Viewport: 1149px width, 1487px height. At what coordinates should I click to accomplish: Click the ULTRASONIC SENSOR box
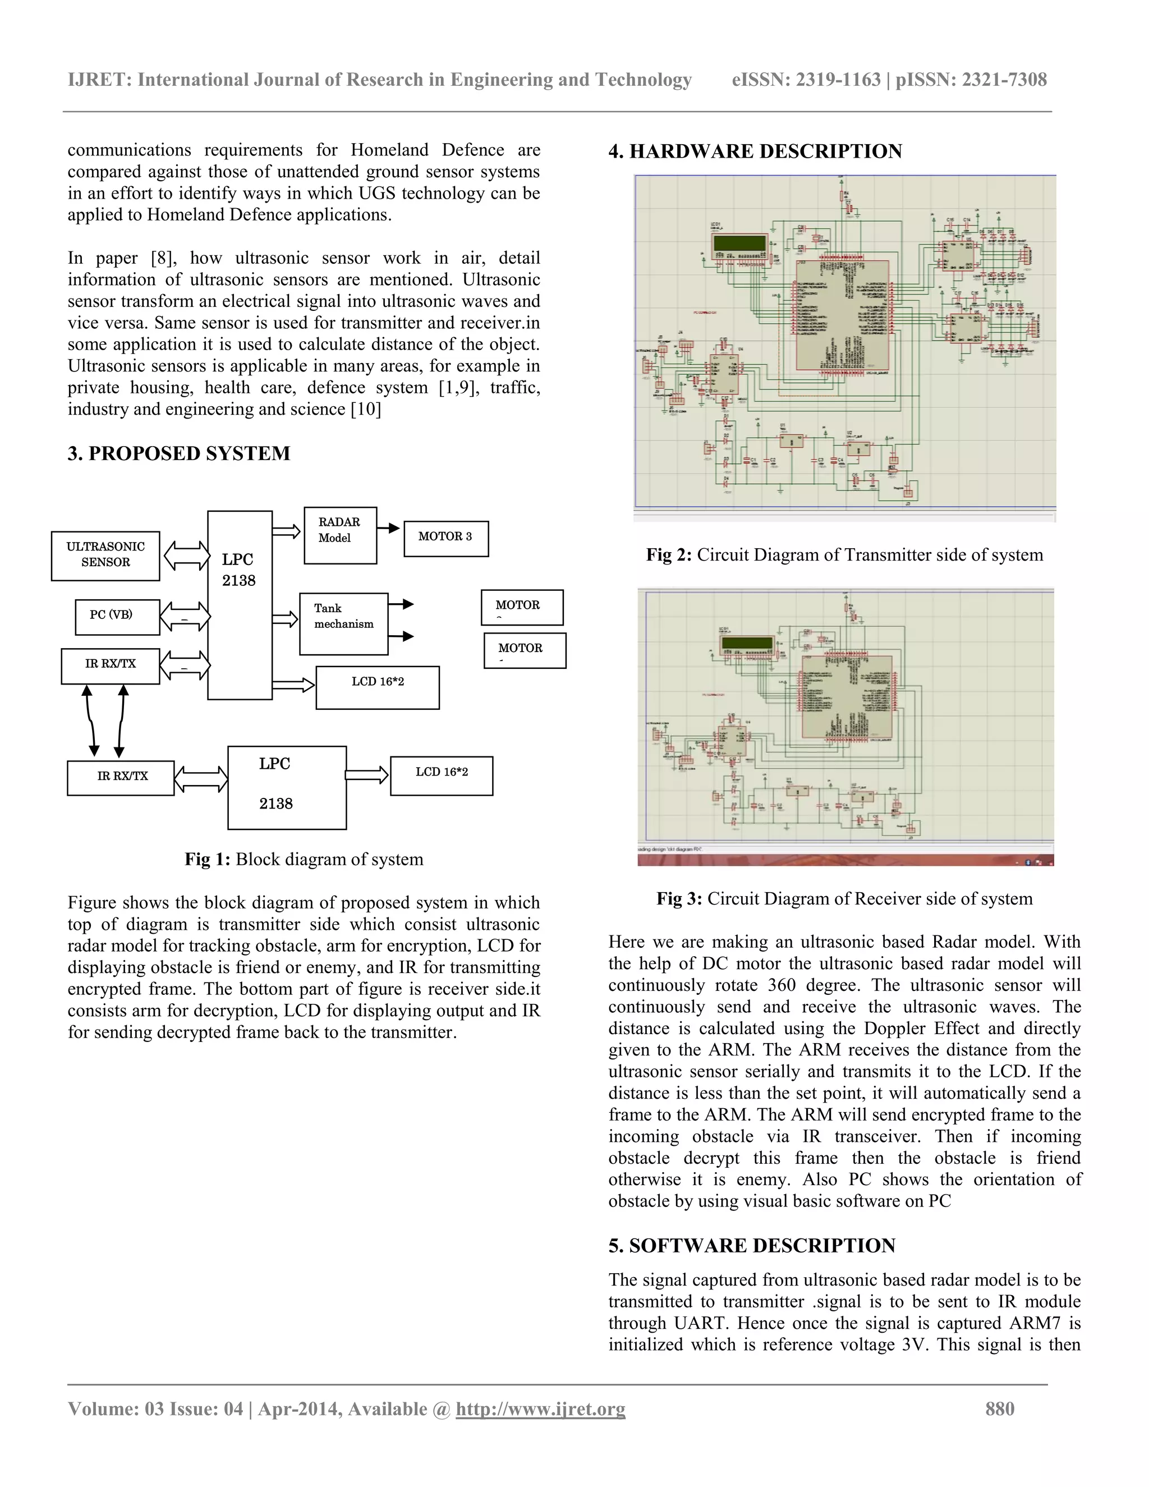click(x=105, y=556)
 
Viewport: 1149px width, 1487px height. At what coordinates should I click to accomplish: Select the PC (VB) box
click(x=117, y=616)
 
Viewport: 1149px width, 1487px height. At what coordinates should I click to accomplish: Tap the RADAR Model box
click(x=339, y=535)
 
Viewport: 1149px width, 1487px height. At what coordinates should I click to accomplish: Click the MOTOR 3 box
click(x=446, y=538)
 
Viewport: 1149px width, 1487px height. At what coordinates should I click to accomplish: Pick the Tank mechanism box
click(x=343, y=623)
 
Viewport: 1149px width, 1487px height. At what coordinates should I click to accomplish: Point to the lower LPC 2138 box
click(x=287, y=787)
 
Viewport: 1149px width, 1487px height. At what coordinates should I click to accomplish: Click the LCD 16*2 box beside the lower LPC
click(x=441, y=775)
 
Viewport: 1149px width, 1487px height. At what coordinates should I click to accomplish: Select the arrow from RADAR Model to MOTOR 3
click(x=389, y=527)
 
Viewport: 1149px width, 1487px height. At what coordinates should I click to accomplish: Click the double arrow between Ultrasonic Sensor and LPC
click(x=186, y=555)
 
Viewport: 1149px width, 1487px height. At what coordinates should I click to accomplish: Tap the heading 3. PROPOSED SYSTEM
click(x=179, y=453)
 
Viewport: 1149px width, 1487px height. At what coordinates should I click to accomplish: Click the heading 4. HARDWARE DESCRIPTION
click(x=755, y=151)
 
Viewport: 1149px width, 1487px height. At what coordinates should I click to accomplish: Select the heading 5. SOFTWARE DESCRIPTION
click(x=751, y=1245)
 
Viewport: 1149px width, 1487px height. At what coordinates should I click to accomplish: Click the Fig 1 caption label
click(x=208, y=859)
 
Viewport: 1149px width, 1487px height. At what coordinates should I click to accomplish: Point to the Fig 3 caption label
click(x=679, y=899)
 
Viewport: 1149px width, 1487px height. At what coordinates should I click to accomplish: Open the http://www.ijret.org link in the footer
click(x=540, y=1408)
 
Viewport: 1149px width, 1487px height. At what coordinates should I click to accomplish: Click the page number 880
click(x=999, y=1408)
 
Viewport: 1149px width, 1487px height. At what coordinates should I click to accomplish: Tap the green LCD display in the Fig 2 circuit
click(x=739, y=243)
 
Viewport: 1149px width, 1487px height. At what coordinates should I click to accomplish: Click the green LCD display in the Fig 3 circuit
click(x=747, y=642)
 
